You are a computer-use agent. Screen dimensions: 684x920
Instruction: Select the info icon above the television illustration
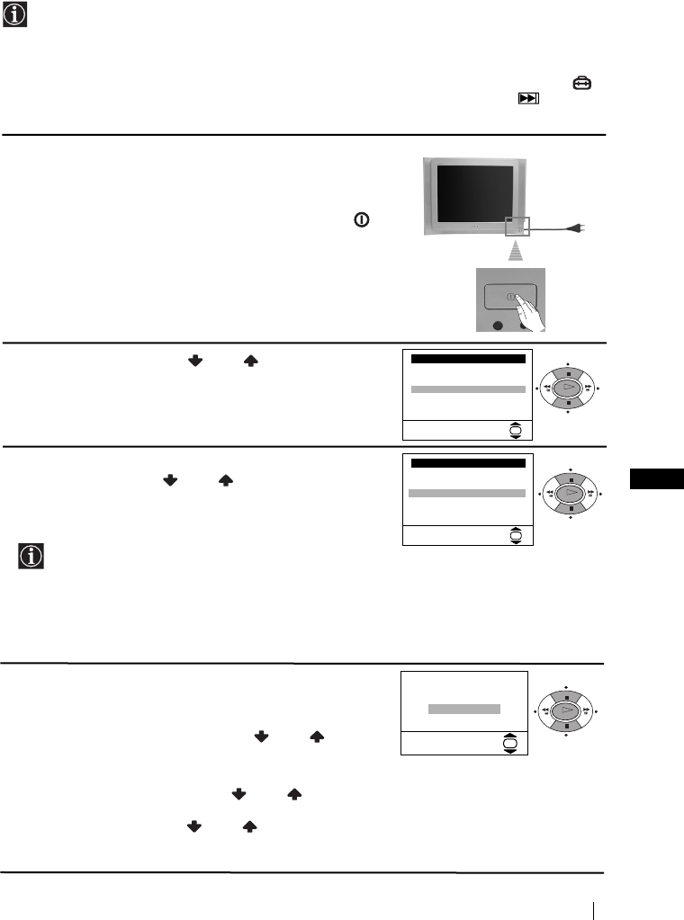(x=15, y=15)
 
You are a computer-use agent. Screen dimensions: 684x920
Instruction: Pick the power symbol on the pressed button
(x=509, y=296)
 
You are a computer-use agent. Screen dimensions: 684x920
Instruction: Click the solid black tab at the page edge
(x=656, y=479)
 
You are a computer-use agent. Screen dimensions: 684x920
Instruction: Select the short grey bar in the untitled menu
(x=463, y=709)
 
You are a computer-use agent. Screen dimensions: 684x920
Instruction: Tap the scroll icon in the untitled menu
(x=510, y=744)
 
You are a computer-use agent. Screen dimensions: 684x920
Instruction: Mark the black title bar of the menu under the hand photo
(x=468, y=358)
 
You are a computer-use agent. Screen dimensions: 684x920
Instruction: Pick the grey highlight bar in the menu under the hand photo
(x=468, y=389)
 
